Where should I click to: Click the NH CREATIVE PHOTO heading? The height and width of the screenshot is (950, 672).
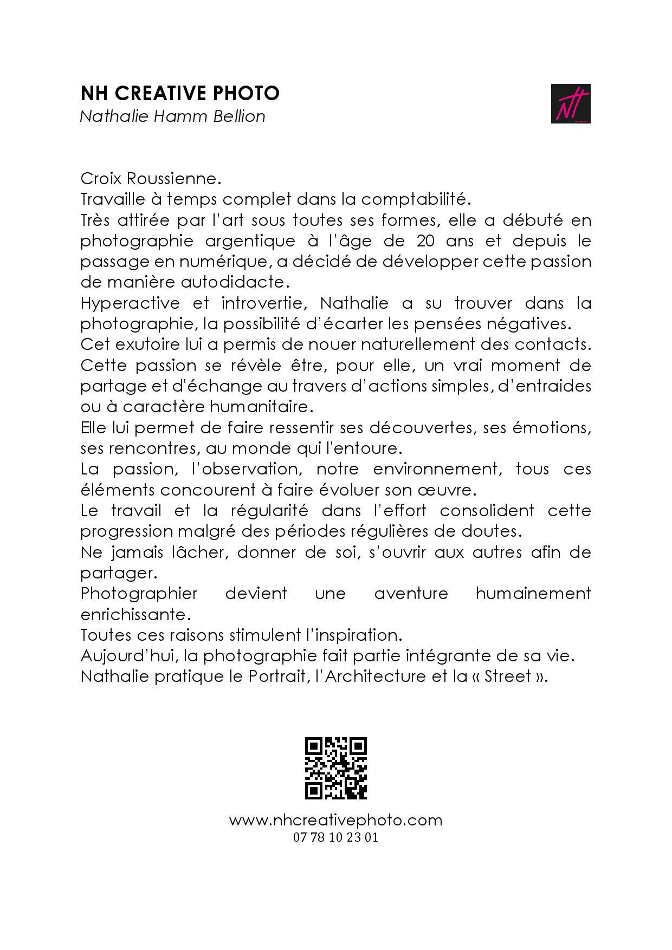point(180,94)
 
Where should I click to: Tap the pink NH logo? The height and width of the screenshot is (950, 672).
point(571,103)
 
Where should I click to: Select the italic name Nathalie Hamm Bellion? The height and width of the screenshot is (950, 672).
point(172,116)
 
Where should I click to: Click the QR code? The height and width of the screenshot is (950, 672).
point(336,768)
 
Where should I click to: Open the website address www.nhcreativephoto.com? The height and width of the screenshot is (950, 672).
point(335,820)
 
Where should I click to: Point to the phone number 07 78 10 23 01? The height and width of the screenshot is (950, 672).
point(335,837)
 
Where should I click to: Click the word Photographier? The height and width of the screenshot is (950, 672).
point(139,594)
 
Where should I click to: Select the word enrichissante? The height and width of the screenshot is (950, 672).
point(135,615)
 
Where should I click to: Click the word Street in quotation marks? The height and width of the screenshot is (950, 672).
point(508,676)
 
